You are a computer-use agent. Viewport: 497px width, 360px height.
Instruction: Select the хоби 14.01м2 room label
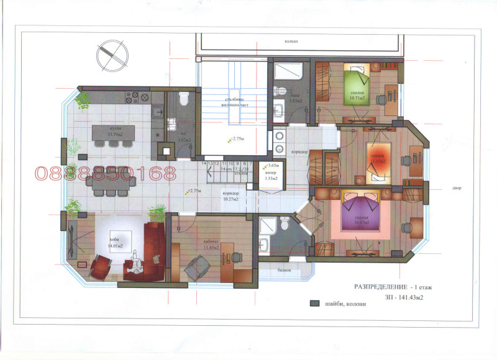(x=115, y=243)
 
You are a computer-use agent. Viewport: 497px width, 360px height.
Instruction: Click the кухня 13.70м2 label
(x=112, y=132)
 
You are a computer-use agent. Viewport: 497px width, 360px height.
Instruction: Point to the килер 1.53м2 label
(x=271, y=176)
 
